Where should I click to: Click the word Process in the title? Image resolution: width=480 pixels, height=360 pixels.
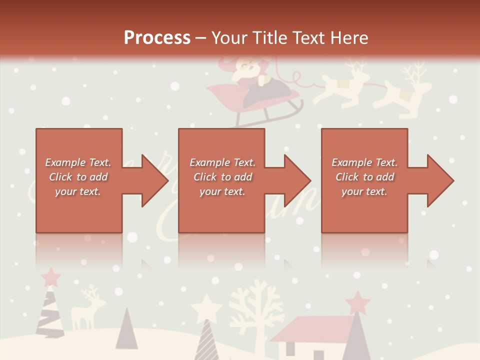pos(157,38)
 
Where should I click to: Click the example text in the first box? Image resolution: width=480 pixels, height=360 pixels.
pos(78,177)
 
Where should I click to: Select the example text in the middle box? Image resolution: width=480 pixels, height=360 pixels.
pos(222,177)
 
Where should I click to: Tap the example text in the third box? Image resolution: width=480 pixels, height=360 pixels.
pos(364,177)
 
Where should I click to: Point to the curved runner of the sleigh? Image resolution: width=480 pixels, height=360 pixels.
pos(270,115)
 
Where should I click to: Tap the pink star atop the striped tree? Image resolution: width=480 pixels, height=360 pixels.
pos(50,275)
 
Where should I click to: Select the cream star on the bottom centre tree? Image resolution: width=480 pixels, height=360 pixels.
pos(206,305)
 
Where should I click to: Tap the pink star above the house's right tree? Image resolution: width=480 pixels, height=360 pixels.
pos(357,301)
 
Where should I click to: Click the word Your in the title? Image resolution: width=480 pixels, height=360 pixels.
pos(230,38)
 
